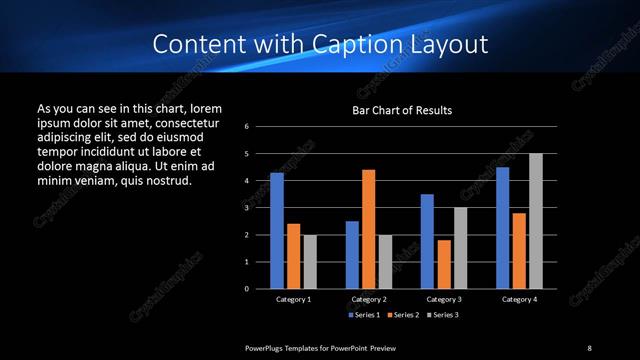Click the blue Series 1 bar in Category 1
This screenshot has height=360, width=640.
[277, 230]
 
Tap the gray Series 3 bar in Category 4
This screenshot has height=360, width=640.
[536, 220]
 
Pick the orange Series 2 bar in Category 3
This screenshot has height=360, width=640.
[444, 264]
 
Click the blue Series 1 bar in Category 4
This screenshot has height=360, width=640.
[503, 227]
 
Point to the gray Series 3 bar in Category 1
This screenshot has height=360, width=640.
[310, 261]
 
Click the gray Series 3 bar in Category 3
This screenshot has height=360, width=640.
[461, 247]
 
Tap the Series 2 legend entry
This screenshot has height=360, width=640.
[404, 315]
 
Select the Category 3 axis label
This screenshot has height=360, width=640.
[444, 299]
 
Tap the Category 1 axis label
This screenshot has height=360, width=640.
[293, 299]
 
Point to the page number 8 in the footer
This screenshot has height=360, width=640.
[589, 347]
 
